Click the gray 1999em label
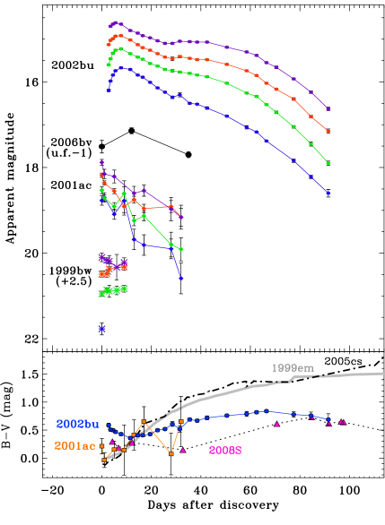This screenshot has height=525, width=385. (293, 367)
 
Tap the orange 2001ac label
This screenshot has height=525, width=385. (74, 445)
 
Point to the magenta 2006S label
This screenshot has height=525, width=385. (225, 451)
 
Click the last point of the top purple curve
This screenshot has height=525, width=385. (328, 109)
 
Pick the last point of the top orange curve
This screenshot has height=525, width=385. (328, 132)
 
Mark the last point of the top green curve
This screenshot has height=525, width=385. (328, 163)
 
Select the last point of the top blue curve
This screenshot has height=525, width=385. (328, 193)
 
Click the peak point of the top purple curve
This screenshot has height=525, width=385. (115, 22)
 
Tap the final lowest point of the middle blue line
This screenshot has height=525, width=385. (181, 279)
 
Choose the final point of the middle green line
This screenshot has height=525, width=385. (181, 249)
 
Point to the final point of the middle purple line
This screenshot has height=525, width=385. (181, 217)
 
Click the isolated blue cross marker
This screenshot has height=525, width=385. (101, 329)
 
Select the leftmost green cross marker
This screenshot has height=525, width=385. (101, 293)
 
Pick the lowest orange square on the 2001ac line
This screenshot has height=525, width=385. (171, 454)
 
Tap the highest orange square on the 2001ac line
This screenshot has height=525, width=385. (144, 420)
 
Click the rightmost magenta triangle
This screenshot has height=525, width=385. (342, 421)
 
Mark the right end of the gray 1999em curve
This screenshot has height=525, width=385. (382, 373)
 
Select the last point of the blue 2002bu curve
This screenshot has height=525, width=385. (329, 419)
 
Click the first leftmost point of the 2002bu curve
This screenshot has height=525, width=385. (109, 426)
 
